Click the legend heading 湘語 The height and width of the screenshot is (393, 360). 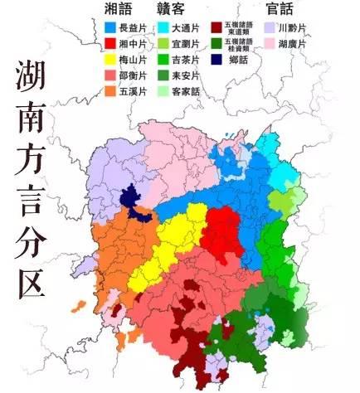coord(119,8)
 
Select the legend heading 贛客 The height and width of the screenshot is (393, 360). coord(170,8)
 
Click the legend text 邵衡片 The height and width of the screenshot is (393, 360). coord(134,75)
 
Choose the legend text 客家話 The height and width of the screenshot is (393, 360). coord(187,91)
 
